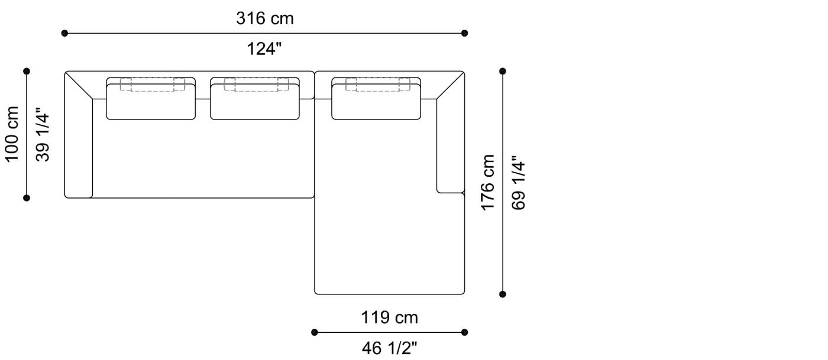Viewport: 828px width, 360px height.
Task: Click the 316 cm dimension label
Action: click(x=265, y=18)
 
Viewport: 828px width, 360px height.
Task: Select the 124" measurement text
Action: click(x=265, y=49)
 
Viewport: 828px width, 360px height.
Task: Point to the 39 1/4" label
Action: click(x=43, y=134)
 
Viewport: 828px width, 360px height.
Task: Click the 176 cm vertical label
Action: click(x=488, y=182)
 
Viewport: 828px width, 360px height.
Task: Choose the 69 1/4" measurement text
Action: click(x=518, y=183)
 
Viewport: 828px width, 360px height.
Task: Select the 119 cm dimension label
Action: click(x=389, y=317)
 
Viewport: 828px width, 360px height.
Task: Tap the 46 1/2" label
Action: click(x=389, y=348)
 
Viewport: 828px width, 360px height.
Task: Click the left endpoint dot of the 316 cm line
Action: click(x=64, y=33)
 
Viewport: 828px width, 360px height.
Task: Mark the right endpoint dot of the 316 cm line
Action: click(x=465, y=33)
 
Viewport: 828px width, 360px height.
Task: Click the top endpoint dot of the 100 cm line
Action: click(x=27, y=71)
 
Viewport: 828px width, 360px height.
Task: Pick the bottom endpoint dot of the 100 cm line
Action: click(x=27, y=197)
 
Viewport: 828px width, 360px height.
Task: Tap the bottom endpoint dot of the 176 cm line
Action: click(x=503, y=294)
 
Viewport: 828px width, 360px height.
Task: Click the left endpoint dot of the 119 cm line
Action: click(x=315, y=332)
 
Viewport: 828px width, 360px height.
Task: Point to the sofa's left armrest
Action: click(x=79, y=148)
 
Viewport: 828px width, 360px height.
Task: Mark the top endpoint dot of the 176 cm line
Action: click(x=503, y=71)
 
